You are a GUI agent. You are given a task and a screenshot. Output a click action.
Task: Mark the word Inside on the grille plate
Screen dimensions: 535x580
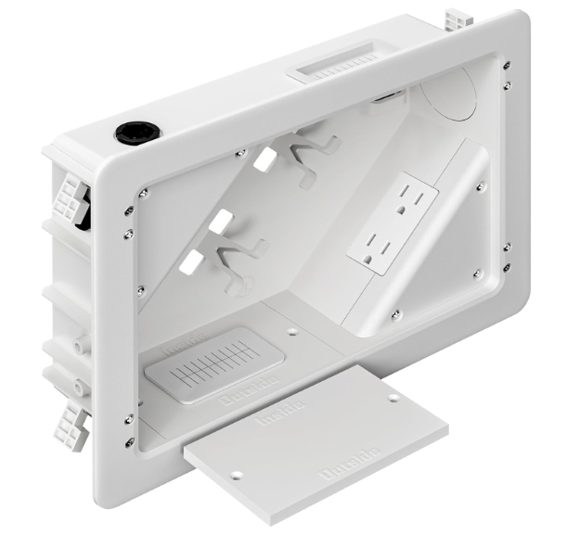click(x=176, y=350)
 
